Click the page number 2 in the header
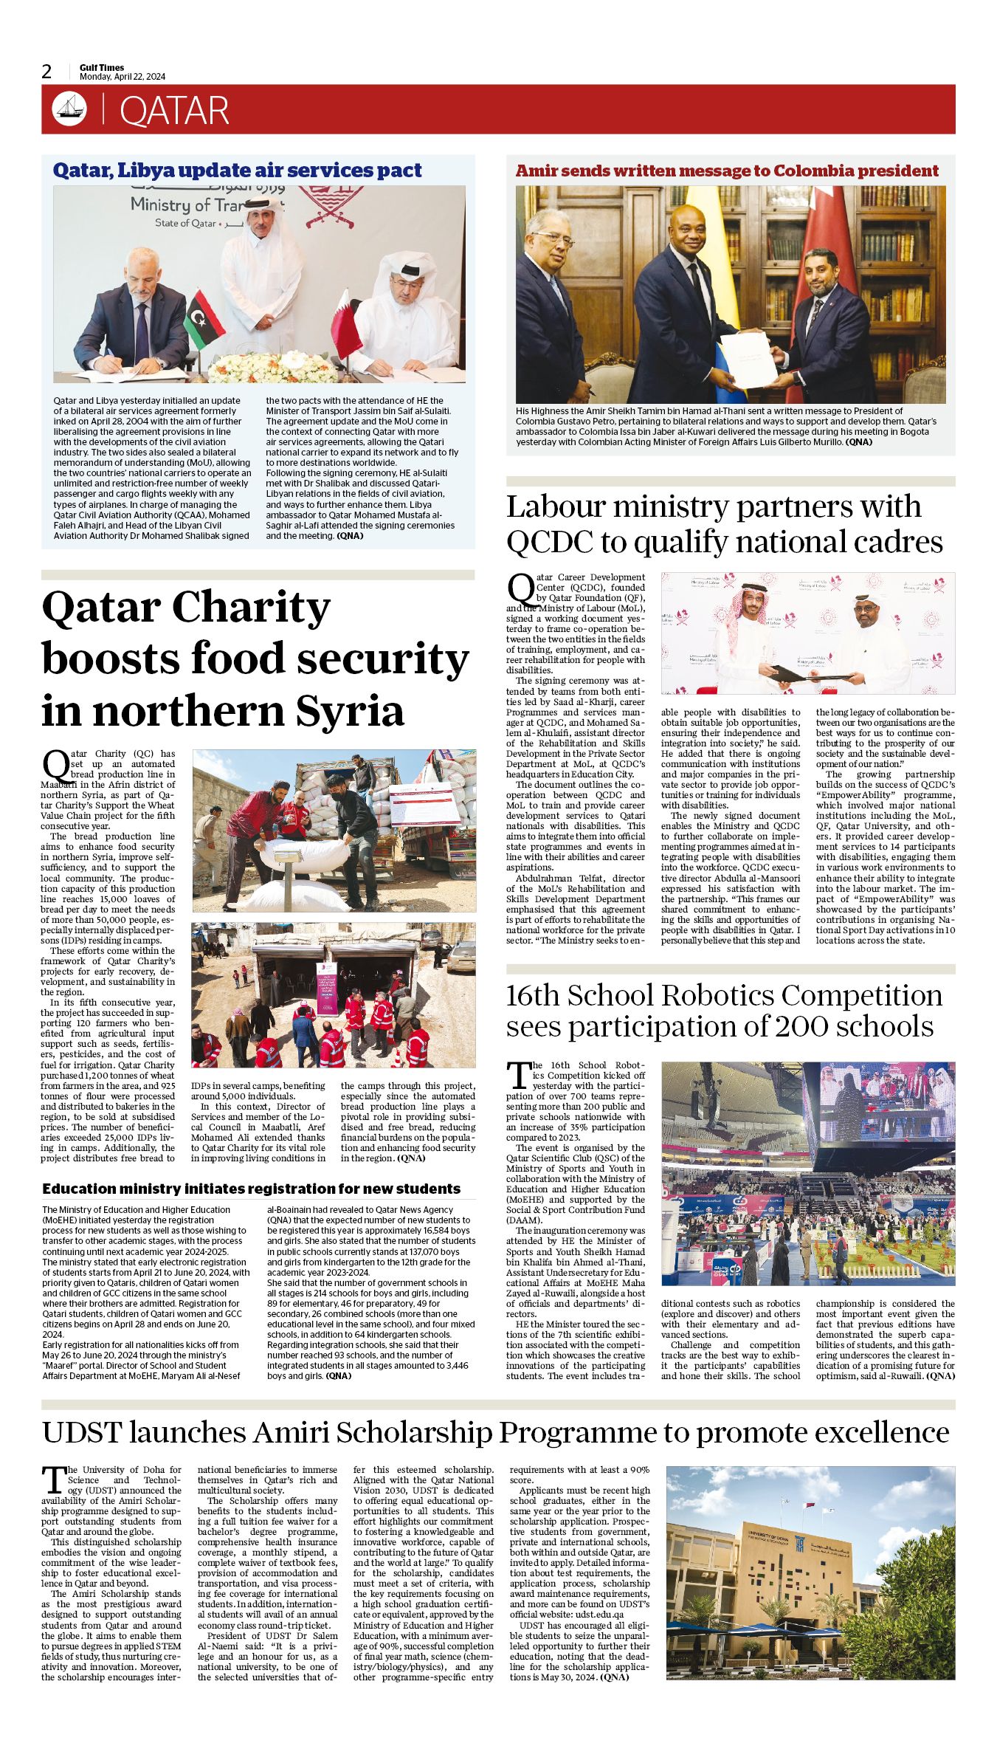[x=46, y=72]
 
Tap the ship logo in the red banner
[x=69, y=109]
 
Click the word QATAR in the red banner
[x=174, y=111]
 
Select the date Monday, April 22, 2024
[x=123, y=77]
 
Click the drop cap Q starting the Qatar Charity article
[x=56, y=763]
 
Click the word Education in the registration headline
[x=78, y=1189]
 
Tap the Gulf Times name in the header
[x=102, y=67]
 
